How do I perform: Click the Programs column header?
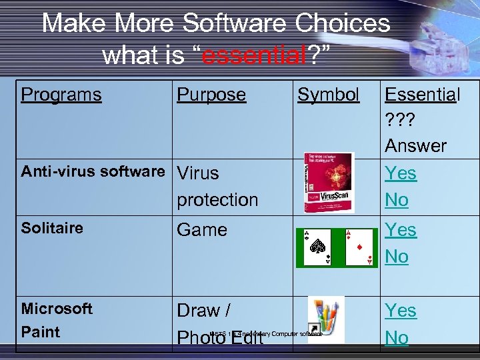coord(61,95)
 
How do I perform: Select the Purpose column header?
coord(211,95)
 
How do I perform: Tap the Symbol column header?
coord(328,95)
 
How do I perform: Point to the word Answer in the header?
coord(415,145)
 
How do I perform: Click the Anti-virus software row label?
coord(93,171)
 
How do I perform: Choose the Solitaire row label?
coord(52,228)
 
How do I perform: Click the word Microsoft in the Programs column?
coord(57,309)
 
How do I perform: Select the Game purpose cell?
coord(202,230)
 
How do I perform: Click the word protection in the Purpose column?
coord(217,199)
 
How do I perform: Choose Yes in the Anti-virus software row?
coord(401,173)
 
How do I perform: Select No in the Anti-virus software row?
coord(397,199)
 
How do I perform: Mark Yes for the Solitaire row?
coord(401,230)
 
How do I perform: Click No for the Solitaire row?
coord(397,256)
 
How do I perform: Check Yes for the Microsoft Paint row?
coord(401,311)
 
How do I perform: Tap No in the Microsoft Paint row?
coord(397,337)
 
